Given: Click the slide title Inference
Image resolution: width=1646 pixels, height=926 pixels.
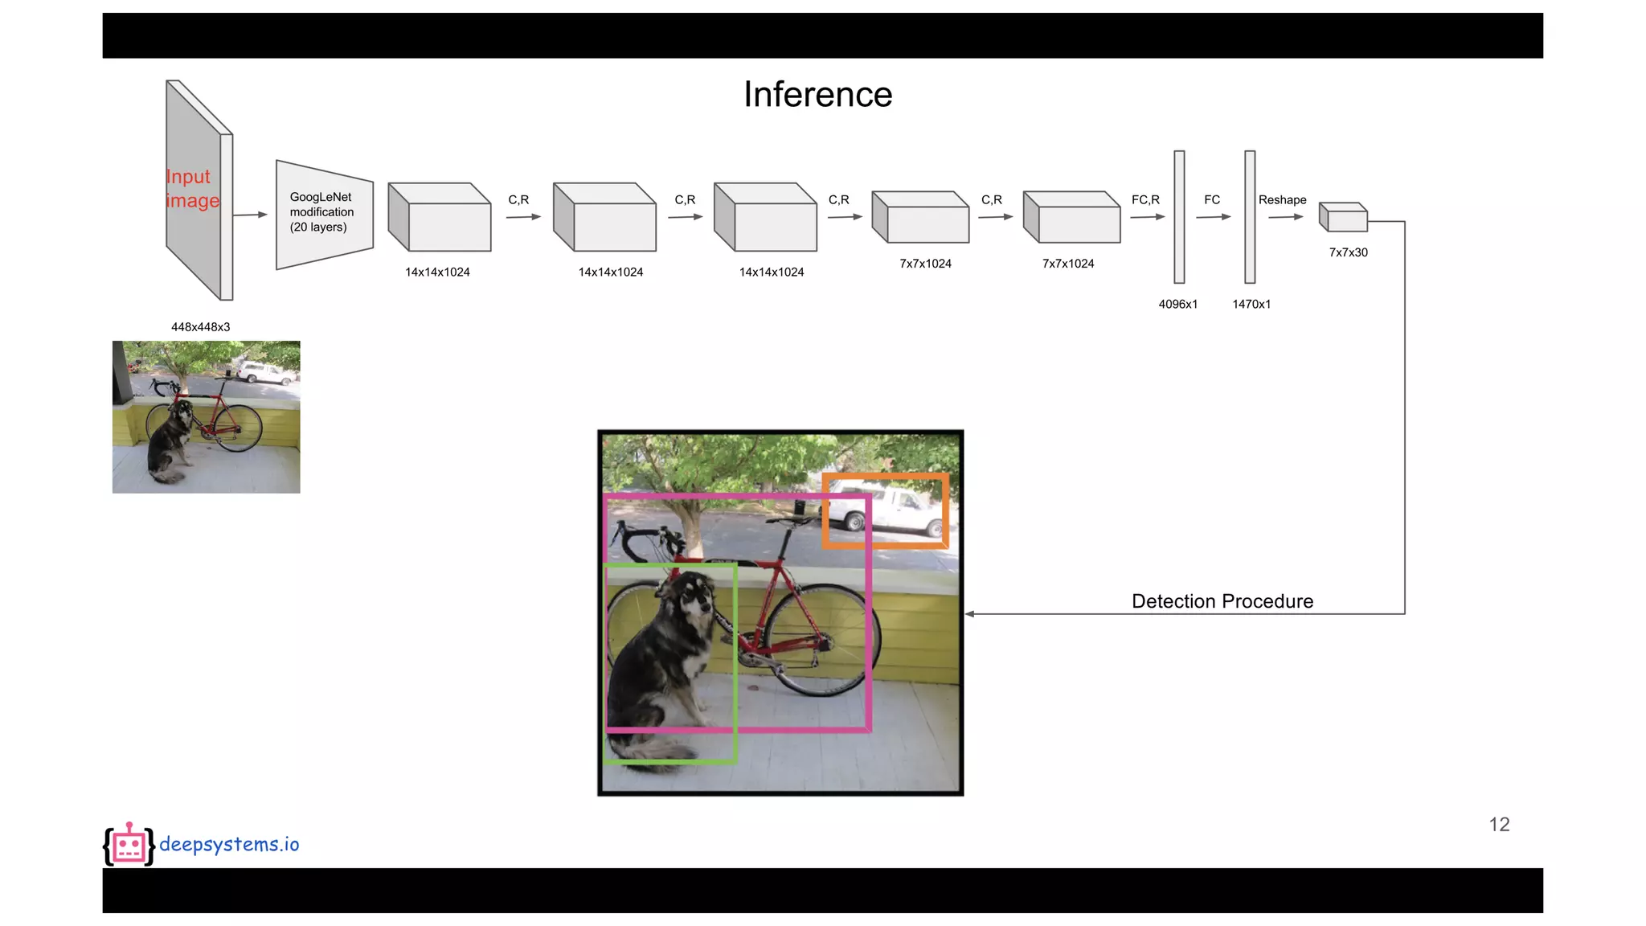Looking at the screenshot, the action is [817, 95].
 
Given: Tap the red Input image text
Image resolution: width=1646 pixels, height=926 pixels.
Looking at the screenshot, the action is [192, 188].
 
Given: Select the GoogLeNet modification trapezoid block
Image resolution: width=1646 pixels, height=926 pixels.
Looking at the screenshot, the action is [324, 214].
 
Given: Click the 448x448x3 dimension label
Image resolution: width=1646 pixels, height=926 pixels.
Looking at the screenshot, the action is [200, 327].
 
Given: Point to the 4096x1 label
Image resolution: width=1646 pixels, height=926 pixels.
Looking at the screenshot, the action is [1177, 304].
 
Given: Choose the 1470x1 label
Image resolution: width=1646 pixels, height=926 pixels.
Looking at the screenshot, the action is [1251, 304].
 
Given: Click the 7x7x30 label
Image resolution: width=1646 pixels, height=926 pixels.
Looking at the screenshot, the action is [1348, 252].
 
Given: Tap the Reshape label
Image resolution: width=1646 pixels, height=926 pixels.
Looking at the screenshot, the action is [1282, 200].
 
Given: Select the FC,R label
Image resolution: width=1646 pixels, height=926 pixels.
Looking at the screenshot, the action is [1145, 200].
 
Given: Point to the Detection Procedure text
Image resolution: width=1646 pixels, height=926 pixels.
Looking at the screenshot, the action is [1222, 601].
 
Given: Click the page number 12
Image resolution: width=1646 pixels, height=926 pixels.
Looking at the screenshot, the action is [1499, 825].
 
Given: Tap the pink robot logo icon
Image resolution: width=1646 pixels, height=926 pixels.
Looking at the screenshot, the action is [129, 844].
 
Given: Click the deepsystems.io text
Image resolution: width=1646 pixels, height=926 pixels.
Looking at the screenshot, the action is [229, 844].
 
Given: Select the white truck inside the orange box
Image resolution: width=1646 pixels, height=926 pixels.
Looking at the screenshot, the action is [885, 512].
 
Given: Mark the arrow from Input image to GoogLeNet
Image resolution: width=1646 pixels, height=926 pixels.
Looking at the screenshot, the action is [250, 215].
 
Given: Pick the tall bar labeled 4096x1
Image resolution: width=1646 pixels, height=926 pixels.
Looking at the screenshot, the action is [1179, 217].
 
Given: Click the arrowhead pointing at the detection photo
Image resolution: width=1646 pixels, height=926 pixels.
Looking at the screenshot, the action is [970, 614].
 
